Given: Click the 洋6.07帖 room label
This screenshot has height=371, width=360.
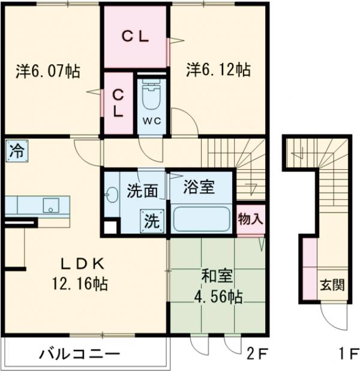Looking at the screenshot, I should click(47, 71).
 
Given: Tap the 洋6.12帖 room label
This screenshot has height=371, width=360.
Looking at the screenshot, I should click(218, 70).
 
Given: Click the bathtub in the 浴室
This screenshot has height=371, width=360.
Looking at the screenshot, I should click(202, 220).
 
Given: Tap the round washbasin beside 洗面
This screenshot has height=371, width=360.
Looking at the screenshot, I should click(112, 194).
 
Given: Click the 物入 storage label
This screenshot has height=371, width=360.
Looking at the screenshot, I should click(250, 219).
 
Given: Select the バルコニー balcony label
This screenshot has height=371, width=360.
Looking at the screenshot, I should click(79, 353).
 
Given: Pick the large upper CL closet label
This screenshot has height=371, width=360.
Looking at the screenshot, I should click(136, 35).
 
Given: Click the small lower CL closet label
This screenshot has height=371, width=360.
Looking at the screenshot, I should click(119, 102).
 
